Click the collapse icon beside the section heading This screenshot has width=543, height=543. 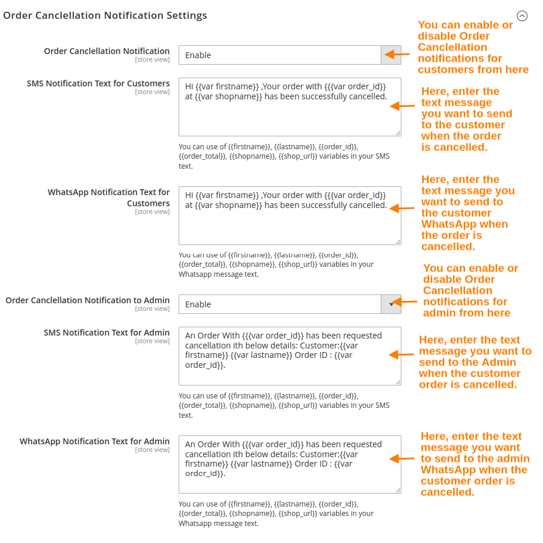(521, 16)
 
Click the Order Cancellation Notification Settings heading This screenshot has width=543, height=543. (105, 16)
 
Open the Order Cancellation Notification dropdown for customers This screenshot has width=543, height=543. (290, 55)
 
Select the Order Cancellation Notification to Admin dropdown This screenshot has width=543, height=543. (290, 304)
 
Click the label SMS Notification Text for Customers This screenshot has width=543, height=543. (98, 83)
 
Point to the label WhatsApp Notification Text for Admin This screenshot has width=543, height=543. (95, 441)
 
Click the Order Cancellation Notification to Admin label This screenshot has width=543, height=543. (88, 300)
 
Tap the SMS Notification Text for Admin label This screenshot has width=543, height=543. (106, 333)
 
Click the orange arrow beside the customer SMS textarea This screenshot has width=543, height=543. (403, 106)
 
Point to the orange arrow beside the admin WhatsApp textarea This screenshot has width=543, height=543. (403, 458)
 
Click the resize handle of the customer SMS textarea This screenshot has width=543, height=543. (398, 133)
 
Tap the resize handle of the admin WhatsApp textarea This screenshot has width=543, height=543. (398, 490)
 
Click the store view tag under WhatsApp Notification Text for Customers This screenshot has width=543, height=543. (152, 212)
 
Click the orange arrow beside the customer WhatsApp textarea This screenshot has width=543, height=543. (403, 208)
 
